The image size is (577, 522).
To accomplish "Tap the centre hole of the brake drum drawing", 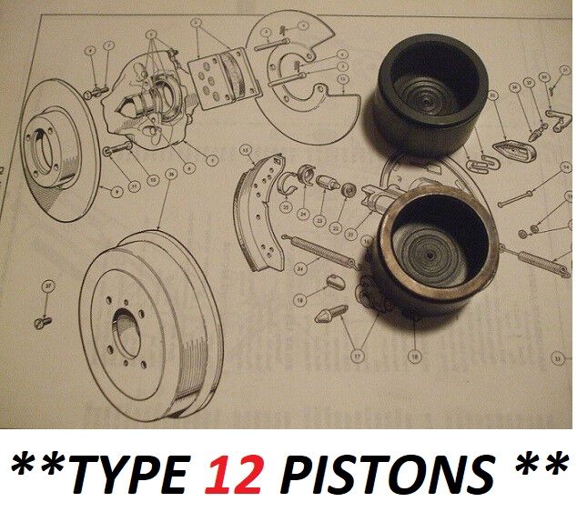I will (x=127, y=328).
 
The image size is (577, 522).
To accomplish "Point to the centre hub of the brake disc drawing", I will (x=46, y=146).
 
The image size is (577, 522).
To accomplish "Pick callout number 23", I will (x=319, y=221).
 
